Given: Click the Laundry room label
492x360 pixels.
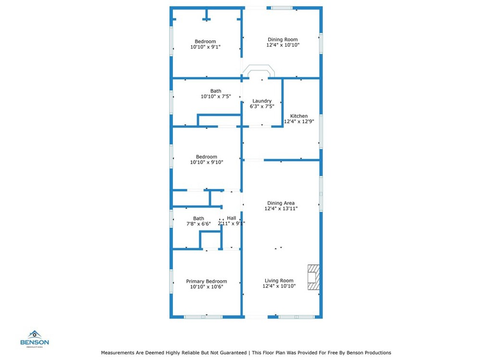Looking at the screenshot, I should pyautogui.click(x=262, y=101).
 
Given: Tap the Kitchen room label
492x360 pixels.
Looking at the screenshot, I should pyautogui.click(x=299, y=116).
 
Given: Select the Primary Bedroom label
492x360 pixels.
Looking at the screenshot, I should pyautogui.click(x=207, y=281).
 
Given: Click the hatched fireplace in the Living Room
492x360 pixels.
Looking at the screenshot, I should pyautogui.click(x=313, y=277).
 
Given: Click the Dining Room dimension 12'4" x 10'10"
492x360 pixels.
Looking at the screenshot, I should pyautogui.click(x=283, y=45).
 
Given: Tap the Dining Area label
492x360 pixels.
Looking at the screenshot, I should pyautogui.click(x=281, y=203).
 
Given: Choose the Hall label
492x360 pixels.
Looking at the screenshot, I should pyautogui.click(x=232, y=218).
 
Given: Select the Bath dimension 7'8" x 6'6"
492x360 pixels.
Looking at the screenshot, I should pyautogui.click(x=198, y=224).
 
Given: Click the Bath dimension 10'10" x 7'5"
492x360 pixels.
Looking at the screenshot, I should pyautogui.click(x=216, y=96).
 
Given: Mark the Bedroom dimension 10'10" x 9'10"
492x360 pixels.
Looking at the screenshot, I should pyautogui.click(x=206, y=162).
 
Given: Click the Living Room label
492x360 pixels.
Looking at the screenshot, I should pyautogui.click(x=279, y=281).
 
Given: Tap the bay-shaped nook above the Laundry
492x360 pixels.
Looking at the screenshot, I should pyautogui.click(x=258, y=71).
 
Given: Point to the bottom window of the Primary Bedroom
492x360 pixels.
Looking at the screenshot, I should pyautogui.click(x=203, y=317).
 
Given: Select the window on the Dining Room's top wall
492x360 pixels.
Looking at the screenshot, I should pyautogui.click(x=282, y=8).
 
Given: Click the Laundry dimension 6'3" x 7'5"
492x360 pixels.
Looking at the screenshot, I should pyautogui.click(x=262, y=106).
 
